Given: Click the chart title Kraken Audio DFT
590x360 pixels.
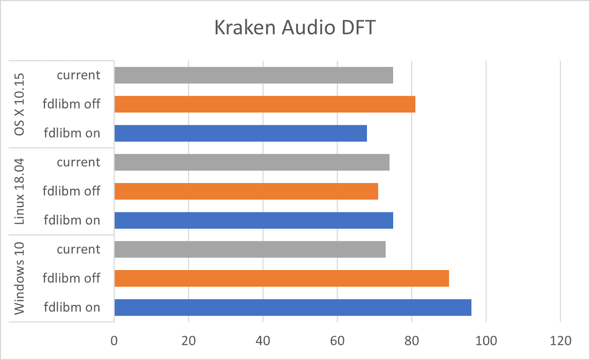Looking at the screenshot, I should coord(295,28).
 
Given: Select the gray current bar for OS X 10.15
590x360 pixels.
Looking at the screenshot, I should coord(254,75).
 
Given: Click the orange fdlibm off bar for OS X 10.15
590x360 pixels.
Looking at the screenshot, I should coord(265,104).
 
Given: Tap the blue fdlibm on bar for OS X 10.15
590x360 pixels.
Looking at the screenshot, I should coord(240,133).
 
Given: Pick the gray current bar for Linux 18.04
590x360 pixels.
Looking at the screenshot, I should coord(252,162).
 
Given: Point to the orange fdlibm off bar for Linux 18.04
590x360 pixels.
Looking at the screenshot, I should coord(246,191).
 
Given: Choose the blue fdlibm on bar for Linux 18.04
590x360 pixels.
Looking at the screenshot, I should coord(254,220).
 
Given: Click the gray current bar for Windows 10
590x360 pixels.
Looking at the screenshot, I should coord(250,249).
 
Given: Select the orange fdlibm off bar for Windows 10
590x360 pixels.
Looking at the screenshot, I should coord(282,278).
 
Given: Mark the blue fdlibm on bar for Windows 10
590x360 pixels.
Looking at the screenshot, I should coord(293,307).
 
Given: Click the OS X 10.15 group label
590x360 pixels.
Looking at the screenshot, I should coord(19,104).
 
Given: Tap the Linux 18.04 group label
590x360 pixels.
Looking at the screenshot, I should coord(19,191).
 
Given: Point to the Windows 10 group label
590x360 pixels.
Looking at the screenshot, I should coord(19,278).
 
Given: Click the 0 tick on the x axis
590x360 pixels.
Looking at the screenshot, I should coord(114,341).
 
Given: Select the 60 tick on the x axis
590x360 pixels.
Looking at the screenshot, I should coord(337,341).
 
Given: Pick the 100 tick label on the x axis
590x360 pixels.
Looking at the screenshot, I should coord(486,341).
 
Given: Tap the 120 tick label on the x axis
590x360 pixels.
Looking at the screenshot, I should coord(560,341).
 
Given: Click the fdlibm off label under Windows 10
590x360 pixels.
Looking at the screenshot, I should coord(71,278).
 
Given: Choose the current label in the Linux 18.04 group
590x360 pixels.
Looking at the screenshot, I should coord(78,162).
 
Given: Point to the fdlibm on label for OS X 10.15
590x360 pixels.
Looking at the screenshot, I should coord(72,133).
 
